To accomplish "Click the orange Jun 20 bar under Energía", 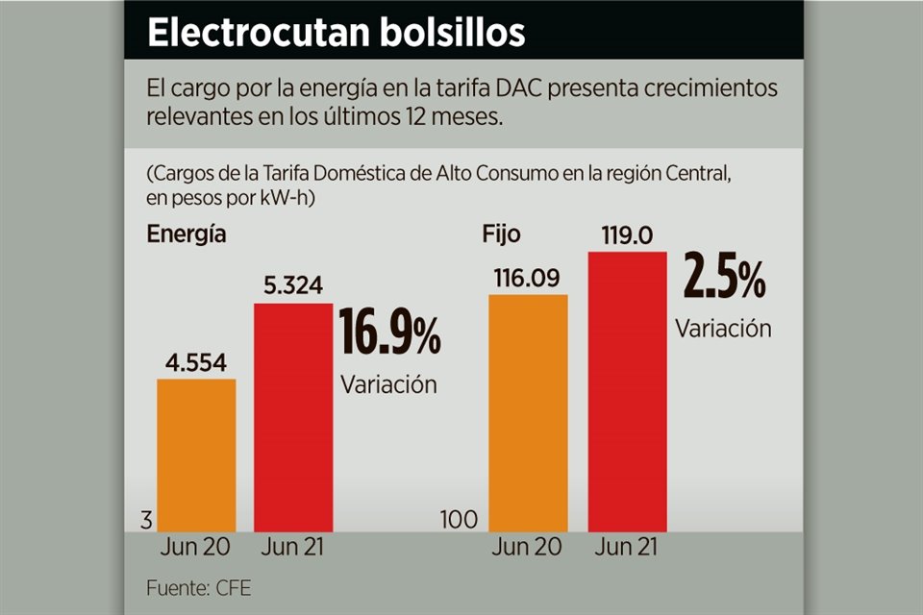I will [x=196, y=455].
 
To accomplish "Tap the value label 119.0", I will [x=626, y=234].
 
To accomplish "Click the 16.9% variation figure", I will [x=389, y=337].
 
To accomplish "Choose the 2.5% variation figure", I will [x=724, y=280].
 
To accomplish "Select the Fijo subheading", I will [x=499, y=233].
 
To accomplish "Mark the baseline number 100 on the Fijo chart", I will [x=459, y=521].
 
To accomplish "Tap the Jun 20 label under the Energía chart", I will [x=196, y=550].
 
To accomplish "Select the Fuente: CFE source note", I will [x=199, y=588].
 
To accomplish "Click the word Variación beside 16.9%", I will [x=388, y=385].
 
